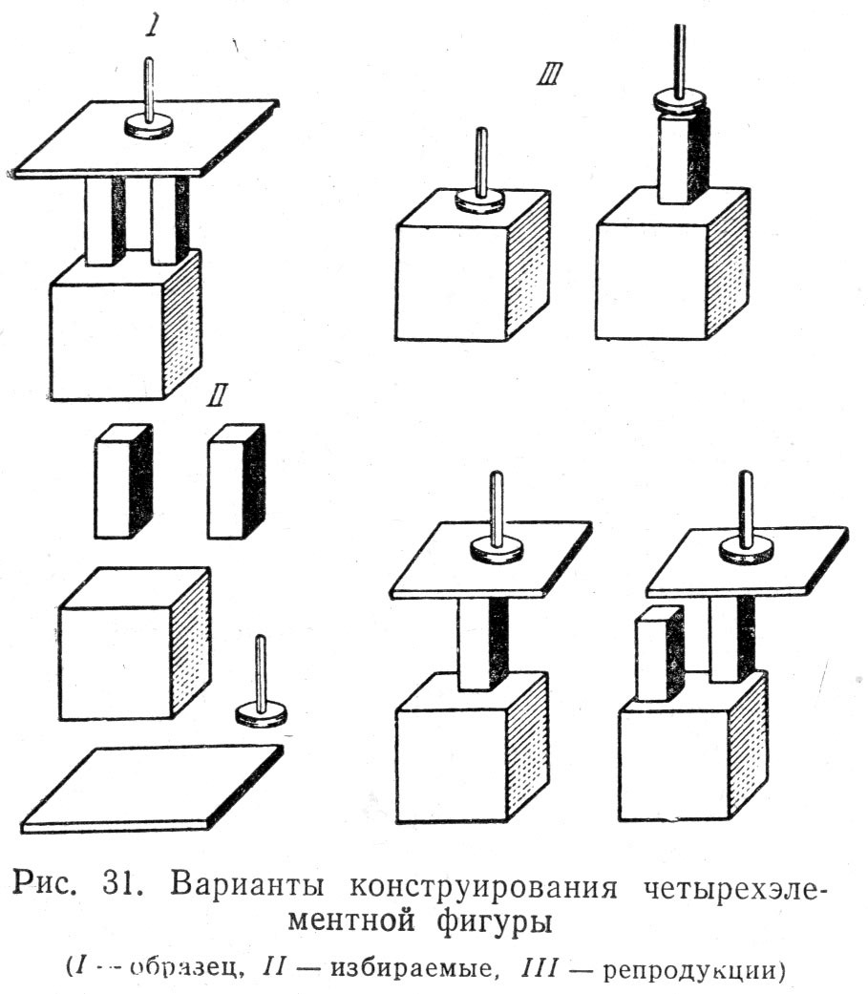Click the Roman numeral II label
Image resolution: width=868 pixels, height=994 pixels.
point(217,395)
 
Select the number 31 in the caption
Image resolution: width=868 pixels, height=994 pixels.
point(119,884)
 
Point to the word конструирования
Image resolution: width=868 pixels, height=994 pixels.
point(483,886)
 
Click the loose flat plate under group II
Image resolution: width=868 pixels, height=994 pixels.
point(152,790)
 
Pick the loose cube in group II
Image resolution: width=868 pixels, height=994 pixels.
point(135,644)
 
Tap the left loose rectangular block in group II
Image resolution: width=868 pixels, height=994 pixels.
point(123,481)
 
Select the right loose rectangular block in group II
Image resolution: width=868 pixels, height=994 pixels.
point(237,481)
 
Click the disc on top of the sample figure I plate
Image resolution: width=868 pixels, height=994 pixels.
point(149,126)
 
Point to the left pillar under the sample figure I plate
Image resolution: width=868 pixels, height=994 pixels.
point(105,220)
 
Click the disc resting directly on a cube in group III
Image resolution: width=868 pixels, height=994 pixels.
point(480,201)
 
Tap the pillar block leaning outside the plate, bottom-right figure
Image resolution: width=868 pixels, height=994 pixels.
point(660,653)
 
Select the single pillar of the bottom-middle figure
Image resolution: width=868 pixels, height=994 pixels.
point(482,644)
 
